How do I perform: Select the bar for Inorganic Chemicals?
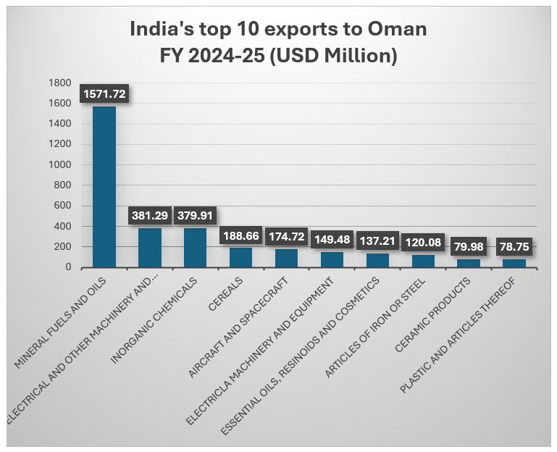point(195,248)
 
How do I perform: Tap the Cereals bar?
point(240,258)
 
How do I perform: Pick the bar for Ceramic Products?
point(469,263)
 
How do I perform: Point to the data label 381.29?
point(150,216)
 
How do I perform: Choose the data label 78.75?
point(514,247)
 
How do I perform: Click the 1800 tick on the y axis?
point(60,83)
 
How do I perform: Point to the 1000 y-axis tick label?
point(60,164)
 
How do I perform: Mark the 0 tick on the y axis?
point(68,267)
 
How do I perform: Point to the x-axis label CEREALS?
point(226,289)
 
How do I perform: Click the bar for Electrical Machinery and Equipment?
point(332,260)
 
